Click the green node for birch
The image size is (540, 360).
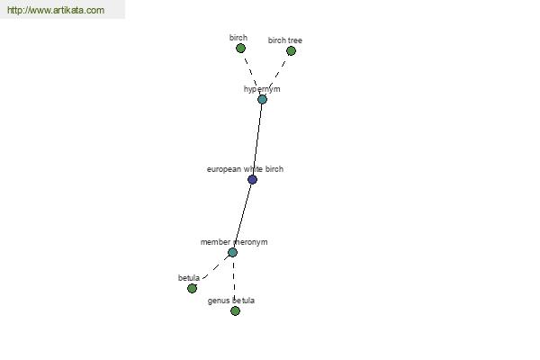[240, 49]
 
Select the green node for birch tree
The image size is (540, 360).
[291, 51]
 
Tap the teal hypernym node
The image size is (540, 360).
[262, 100]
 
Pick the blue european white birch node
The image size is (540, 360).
[252, 179]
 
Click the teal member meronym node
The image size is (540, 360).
[232, 253]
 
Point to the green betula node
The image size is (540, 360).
[193, 288]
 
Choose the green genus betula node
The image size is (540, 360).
[235, 311]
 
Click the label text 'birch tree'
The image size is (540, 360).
[284, 40]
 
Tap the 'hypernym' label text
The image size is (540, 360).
[262, 89]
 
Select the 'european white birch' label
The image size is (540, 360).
[245, 169]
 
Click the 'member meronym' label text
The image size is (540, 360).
[234, 242]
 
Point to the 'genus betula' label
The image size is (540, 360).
[231, 301]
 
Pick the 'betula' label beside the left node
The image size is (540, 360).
[189, 278]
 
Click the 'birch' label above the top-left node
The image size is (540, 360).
[238, 38]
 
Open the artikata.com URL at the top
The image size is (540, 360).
[56, 10]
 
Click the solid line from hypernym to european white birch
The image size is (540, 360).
[257, 139]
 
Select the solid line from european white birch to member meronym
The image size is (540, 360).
[242, 216]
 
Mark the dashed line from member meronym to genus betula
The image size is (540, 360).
[234, 282]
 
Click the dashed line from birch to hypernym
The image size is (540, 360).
[251, 75]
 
